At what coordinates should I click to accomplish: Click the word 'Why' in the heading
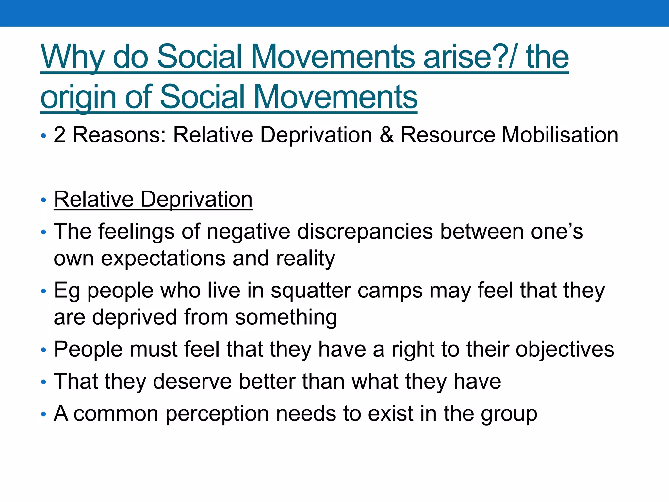tap(72, 58)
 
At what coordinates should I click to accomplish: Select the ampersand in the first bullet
tap(386, 135)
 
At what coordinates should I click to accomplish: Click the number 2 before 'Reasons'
tap(59, 135)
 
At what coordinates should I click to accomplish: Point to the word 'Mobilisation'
tap(560, 135)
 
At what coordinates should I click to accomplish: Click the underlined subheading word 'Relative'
tap(94, 199)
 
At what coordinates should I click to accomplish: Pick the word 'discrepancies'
tap(365, 231)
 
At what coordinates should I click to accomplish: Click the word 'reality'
tap(305, 259)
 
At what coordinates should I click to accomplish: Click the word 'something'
tap(286, 317)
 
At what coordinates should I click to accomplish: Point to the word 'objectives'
tap(565, 349)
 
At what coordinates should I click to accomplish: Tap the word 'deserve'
tap(192, 381)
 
